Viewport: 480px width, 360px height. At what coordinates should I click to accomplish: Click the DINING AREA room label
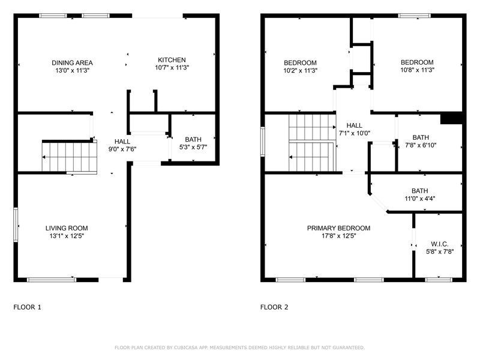point(72,63)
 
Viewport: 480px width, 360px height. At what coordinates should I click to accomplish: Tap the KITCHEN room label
point(172,60)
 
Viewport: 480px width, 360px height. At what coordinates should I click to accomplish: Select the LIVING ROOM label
point(67,228)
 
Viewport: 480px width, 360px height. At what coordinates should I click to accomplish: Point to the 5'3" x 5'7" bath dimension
point(193,147)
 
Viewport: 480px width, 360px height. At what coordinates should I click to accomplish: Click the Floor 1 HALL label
point(122,142)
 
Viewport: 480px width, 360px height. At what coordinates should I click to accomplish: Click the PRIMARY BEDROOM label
point(338,228)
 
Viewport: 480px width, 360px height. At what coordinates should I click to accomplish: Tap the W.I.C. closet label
point(439,244)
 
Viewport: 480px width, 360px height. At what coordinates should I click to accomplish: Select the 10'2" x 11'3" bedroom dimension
point(300,70)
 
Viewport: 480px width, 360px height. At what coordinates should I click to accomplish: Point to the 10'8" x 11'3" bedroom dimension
point(417,70)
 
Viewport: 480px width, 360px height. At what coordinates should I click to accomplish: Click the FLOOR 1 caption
point(28,307)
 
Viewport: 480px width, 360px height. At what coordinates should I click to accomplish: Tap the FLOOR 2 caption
point(274,307)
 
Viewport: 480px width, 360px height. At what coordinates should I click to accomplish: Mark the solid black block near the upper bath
point(451,118)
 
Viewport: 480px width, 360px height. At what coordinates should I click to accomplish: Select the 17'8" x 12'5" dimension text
point(338,236)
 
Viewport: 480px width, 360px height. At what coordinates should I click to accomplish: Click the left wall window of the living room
point(16,225)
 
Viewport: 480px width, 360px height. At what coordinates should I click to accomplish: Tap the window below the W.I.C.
point(438,279)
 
